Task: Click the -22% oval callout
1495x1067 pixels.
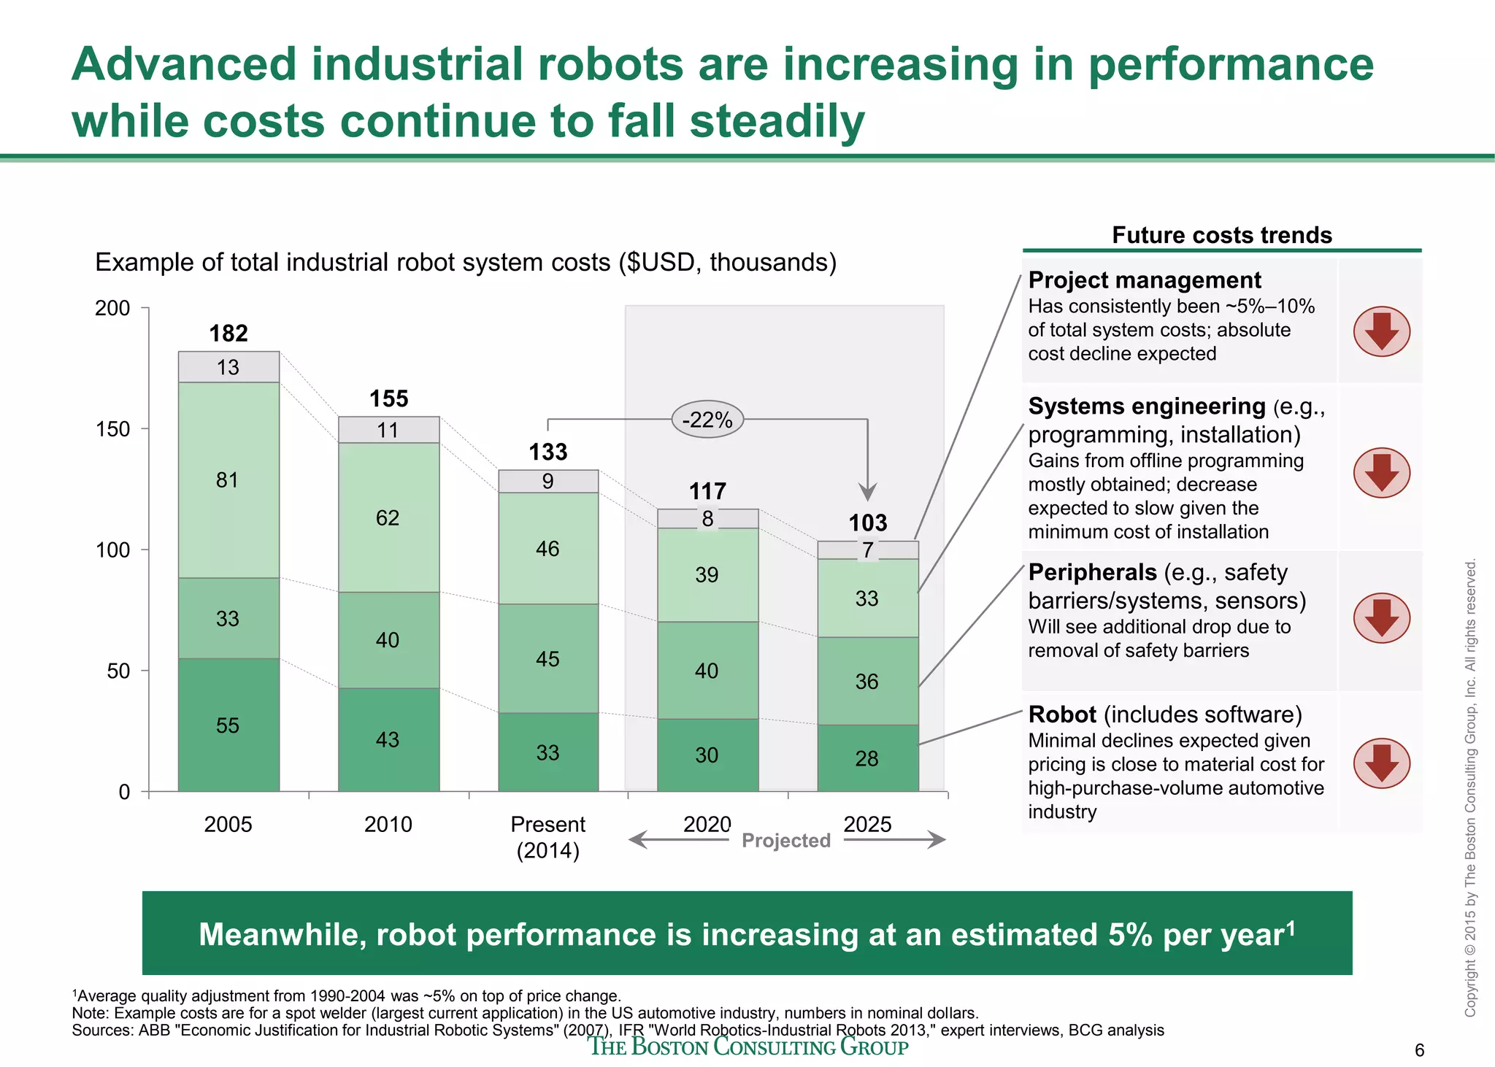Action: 707,420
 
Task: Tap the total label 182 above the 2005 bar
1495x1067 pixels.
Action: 228,334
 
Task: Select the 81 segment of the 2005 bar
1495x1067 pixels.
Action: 228,479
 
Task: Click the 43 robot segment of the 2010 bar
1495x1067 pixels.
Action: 388,739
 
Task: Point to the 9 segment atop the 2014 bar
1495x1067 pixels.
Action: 547,481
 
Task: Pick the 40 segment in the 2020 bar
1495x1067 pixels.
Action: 707,670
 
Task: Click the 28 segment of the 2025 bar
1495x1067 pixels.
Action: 866,758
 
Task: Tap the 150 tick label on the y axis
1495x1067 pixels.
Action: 112,429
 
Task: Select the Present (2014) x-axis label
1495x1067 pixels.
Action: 547,837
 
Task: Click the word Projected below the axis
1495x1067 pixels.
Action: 786,841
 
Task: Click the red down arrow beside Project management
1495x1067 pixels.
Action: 1381,331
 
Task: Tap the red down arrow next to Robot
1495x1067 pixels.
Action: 1381,763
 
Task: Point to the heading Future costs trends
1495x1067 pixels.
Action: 1221,235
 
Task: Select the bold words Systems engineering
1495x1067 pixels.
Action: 1147,407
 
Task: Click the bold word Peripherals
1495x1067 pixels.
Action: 1092,572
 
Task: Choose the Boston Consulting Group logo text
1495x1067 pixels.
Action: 748,1047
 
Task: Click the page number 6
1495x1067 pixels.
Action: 1419,1050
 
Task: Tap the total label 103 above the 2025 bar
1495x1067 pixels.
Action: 867,523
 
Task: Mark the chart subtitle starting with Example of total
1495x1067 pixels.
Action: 466,262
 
